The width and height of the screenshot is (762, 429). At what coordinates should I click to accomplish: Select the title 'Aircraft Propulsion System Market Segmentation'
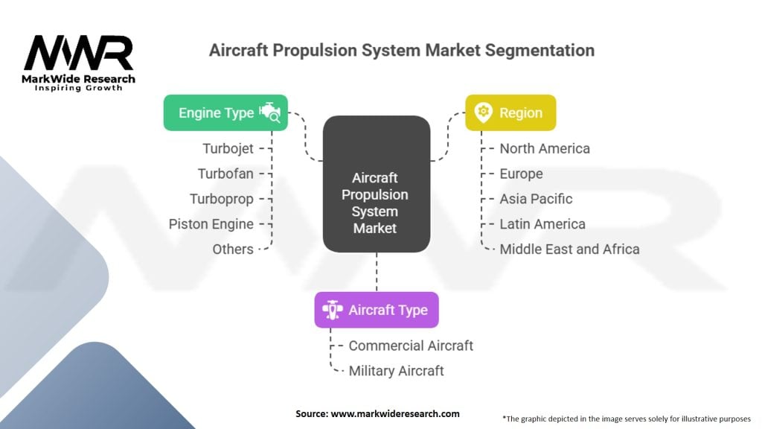click(401, 51)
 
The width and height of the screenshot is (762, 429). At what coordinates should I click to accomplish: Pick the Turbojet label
click(228, 148)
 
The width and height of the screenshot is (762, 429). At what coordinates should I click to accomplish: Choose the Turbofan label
click(225, 174)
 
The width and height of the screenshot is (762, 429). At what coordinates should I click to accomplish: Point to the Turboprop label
click(222, 199)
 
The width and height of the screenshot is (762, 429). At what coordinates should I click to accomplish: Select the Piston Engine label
click(211, 223)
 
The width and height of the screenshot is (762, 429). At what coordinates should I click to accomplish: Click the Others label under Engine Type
click(233, 249)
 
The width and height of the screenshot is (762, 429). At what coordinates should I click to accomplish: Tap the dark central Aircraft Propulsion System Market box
click(376, 184)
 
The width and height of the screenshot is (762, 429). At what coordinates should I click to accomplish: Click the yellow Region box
click(510, 113)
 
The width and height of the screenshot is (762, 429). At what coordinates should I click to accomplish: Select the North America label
click(545, 148)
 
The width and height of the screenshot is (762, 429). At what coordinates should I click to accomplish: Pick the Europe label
click(521, 174)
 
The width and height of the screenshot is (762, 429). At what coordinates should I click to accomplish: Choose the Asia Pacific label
click(536, 199)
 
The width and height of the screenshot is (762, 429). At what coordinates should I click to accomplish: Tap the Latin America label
click(542, 223)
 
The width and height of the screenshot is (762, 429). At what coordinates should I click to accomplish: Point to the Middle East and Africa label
click(569, 249)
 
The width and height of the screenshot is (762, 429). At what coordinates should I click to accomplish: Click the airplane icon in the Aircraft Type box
click(332, 310)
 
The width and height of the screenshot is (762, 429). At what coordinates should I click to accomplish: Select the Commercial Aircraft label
click(411, 346)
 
